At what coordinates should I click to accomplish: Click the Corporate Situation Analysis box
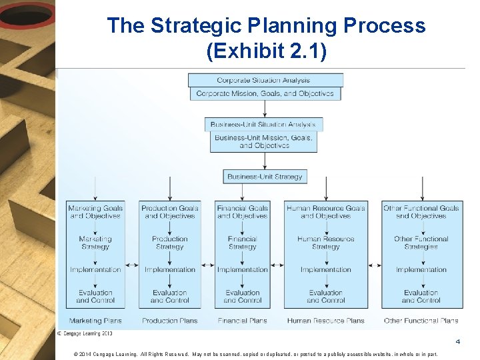pyautogui.click(x=264, y=80)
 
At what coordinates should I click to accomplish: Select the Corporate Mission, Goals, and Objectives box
pyautogui.click(x=265, y=94)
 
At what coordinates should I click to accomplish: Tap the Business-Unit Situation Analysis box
pyautogui.click(x=263, y=125)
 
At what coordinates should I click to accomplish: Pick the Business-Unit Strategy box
pyautogui.click(x=265, y=177)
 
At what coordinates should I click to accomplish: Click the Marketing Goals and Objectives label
pyautogui.click(x=95, y=212)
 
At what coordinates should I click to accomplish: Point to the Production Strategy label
pyautogui.click(x=170, y=243)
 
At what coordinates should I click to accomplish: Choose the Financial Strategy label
pyautogui.click(x=242, y=243)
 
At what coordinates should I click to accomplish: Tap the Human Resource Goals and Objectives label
pyautogui.click(x=326, y=212)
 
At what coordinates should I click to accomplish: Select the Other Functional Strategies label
pyautogui.click(x=421, y=243)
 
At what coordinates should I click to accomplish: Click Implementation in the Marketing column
pyautogui.click(x=95, y=270)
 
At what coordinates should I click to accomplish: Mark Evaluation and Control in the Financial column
pyautogui.click(x=242, y=297)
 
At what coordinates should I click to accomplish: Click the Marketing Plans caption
pyautogui.click(x=95, y=321)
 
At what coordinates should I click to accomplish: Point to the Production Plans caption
pyautogui.click(x=170, y=321)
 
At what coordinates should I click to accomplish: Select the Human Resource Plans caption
pyautogui.click(x=326, y=321)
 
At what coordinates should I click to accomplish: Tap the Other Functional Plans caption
pyautogui.click(x=421, y=321)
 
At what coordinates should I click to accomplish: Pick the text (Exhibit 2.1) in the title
pyautogui.click(x=267, y=51)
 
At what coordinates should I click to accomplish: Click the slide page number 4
pyautogui.click(x=458, y=342)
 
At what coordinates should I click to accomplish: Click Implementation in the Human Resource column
pyautogui.click(x=326, y=270)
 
